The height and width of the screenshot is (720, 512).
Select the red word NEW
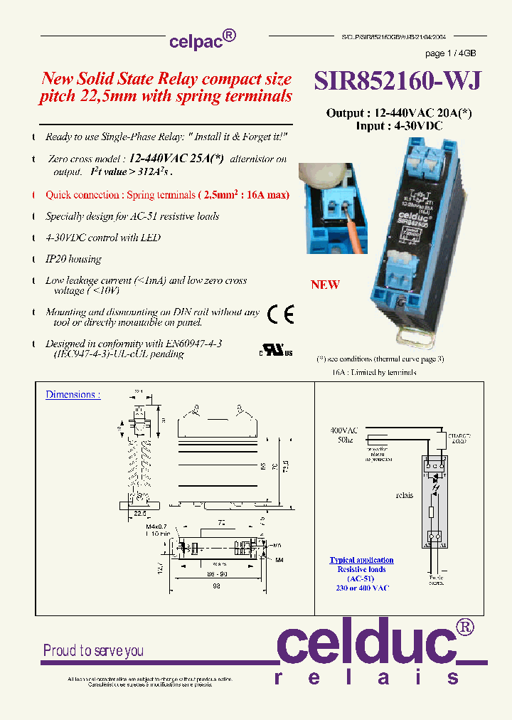point(325,285)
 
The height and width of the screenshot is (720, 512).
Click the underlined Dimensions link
point(73,395)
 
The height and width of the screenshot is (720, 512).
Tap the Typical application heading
point(361,561)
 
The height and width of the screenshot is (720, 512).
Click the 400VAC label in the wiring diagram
point(343,430)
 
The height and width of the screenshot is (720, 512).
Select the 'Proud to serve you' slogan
point(93,650)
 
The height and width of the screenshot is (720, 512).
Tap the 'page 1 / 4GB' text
point(450,53)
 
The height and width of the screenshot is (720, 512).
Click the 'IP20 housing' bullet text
point(73,259)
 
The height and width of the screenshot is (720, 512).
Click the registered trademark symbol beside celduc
point(464,626)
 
